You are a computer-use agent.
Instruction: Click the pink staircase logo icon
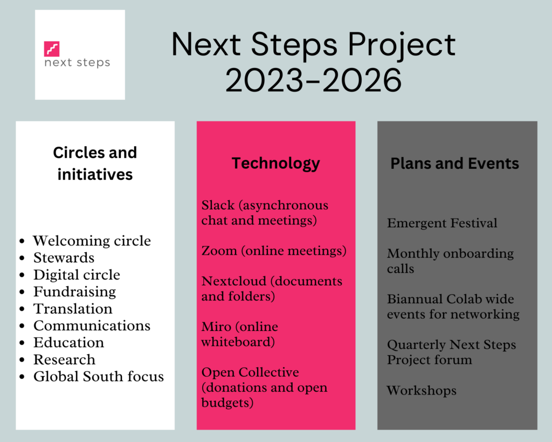pos(52,49)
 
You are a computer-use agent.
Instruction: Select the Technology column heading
pos(275,164)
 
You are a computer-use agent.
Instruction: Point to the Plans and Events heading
pos(454,164)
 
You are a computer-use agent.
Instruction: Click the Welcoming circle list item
pos(92,241)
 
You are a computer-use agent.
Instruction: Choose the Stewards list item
pos(64,257)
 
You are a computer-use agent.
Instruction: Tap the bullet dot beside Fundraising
pos(22,292)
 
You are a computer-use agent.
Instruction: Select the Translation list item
pos(73,309)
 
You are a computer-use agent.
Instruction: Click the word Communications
pos(92,325)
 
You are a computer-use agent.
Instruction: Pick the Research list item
pos(65,359)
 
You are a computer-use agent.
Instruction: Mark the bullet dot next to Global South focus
pos(22,377)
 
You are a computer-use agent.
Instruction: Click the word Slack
pos(218,205)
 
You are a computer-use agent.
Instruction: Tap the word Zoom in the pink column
pos(219,251)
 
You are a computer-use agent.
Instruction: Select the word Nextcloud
pos(234,281)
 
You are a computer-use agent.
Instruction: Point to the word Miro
pos(216,327)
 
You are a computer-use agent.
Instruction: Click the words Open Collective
pos(250,372)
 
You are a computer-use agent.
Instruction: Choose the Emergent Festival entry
pos(442,223)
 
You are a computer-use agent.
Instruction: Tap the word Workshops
pos(422,391)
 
